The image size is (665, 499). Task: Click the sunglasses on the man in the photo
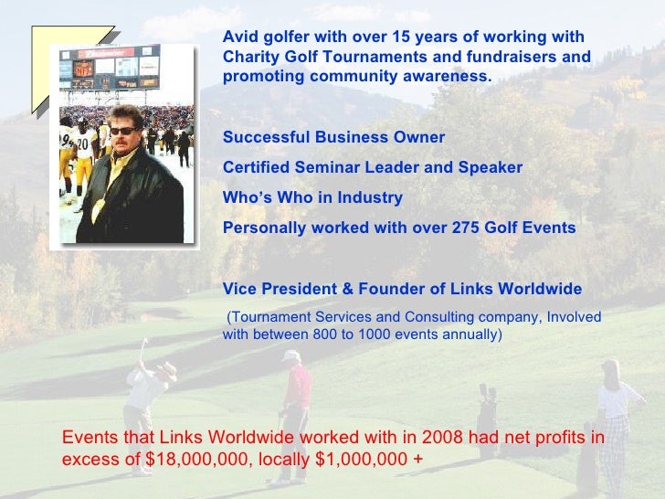click(x=121, y=131)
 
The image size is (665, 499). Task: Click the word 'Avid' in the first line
click(x=239, y=37)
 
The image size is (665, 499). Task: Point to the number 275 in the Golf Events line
click(x=470, y=228)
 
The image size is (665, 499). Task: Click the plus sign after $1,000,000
click(x=418, y=459)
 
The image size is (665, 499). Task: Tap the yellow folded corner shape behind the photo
click(x=46, y=64)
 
